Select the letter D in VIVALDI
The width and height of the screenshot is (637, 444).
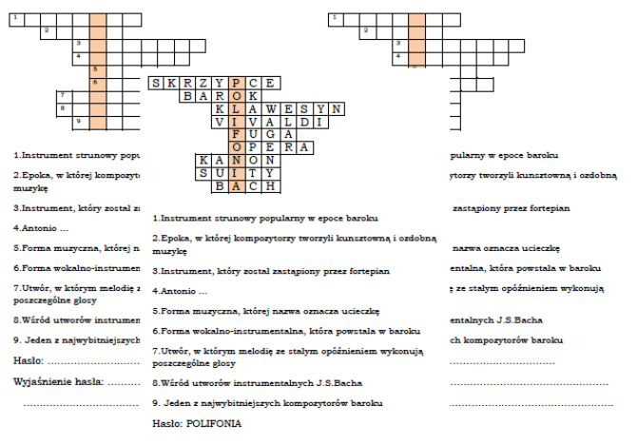point(301,123)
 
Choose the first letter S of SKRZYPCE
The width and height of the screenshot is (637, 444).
point(158,83)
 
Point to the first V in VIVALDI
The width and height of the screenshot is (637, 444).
point(222,123)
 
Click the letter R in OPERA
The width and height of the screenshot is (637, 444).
point(285,148)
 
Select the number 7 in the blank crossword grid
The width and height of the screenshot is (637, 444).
point(61,94)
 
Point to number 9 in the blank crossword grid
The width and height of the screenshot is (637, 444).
point(76,120)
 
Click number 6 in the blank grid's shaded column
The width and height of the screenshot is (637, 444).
point(94,82)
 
